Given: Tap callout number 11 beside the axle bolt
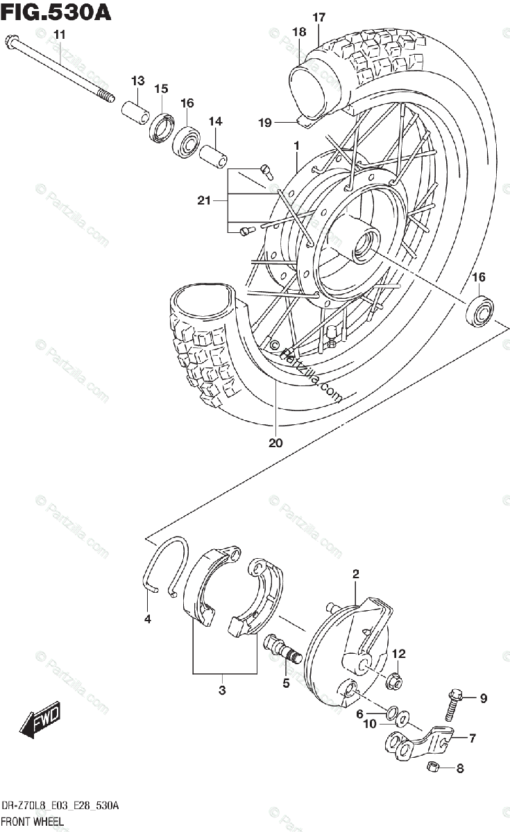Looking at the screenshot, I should pos(58,35).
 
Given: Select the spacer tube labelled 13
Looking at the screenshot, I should pos(136,111).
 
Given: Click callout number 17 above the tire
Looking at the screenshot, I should pos(318,18).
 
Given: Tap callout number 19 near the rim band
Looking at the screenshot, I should pos(264,123).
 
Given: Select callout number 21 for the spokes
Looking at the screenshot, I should pos(203,201).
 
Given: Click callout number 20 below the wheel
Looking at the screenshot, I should pos(275,443).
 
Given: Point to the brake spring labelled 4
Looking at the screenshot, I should pos(166,565).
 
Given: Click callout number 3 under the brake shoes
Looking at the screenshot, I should pos(222,690).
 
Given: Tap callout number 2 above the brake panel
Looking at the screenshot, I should pos(355,573).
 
